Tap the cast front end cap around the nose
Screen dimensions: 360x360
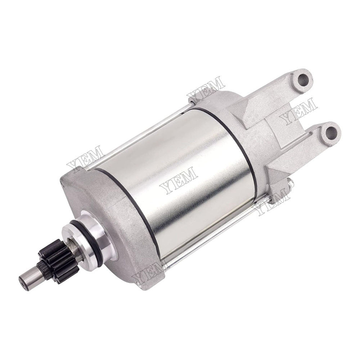click(x=119, y=230)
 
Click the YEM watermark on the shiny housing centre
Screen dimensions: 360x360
click(x=179, y=180)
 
